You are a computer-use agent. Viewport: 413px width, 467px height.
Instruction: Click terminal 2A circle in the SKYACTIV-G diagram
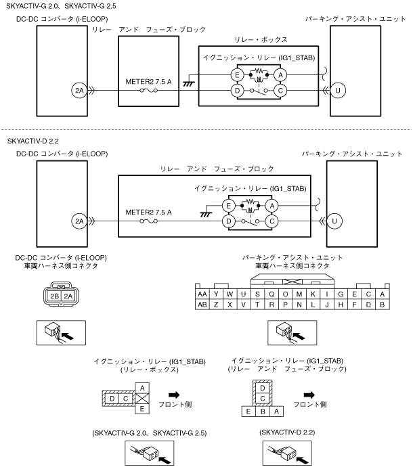point(79,90)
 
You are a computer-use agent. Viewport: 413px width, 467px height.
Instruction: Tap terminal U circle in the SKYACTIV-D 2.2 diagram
point(334,221)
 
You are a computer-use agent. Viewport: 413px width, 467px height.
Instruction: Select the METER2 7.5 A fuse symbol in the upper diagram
point(149,90)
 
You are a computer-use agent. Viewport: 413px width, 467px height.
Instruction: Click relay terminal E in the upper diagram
point(237,74)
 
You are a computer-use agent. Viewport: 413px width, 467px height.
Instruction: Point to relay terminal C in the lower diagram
point(271,221)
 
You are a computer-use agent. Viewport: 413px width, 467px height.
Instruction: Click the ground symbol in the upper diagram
point(189,84)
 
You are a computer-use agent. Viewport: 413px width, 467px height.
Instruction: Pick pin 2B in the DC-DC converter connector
point(55,296)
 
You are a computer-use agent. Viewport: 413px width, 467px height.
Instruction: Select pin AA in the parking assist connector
point(202,294)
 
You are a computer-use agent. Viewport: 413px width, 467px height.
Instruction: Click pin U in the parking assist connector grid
point(244,294)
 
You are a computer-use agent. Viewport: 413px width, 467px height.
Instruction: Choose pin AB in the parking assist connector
point(202,305)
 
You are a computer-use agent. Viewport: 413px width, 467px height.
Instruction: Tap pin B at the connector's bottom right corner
point(383,305)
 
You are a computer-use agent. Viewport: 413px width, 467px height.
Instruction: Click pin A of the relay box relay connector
point(142,388)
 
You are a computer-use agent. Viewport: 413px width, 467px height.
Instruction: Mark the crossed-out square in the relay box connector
point(142,399)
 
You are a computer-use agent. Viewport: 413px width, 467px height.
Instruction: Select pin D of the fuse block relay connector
point(263,388)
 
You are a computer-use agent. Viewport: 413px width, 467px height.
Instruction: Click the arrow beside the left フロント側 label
point(174,395)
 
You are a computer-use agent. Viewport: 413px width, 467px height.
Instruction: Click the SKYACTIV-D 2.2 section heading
point(32,141)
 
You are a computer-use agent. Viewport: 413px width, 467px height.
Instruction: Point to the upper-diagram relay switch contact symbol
point(259,91)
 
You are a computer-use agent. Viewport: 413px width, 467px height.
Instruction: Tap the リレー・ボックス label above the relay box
point(261,40)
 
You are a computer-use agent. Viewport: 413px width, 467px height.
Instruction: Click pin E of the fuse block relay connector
point(248,412)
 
